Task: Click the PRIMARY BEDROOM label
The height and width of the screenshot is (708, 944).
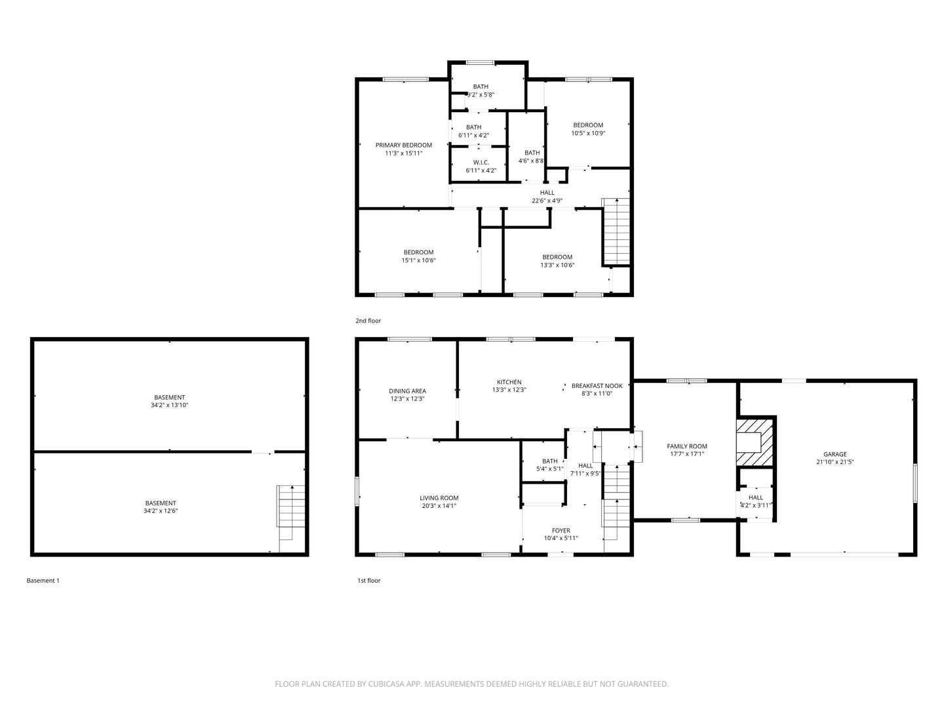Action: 403,146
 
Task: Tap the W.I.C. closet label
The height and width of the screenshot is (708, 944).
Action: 481,163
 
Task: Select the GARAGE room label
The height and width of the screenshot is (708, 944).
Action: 835,454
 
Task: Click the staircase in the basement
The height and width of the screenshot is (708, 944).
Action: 290,519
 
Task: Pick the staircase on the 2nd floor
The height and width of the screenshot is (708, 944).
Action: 616,231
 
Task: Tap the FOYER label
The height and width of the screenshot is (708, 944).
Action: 560,531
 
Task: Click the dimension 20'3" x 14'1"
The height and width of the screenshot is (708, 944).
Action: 439,506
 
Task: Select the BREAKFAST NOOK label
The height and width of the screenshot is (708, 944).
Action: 597,386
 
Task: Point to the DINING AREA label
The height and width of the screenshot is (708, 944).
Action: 407,391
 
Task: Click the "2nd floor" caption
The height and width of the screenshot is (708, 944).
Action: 368,321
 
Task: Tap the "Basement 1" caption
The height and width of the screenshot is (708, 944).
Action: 43,581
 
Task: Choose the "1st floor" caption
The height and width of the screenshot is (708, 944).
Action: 369,581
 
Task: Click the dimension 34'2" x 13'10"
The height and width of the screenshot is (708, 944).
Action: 169,405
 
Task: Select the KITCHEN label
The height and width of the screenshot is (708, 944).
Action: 509,382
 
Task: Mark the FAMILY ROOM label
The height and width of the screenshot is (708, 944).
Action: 687,446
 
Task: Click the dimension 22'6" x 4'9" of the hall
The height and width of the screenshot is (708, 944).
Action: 547,201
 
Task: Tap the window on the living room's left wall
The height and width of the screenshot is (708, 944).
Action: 357,491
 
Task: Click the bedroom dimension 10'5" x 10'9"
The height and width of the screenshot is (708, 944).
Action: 588,133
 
